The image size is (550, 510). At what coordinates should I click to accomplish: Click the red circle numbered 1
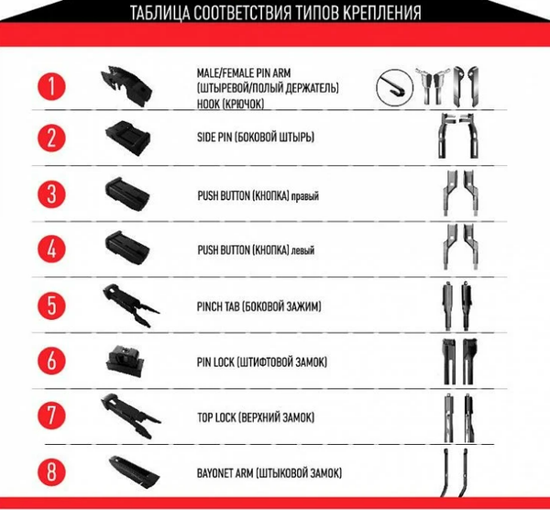51,86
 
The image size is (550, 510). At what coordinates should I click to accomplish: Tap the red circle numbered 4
51,249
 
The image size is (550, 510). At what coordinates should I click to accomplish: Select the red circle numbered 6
51,360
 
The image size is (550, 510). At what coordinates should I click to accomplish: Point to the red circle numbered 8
51,471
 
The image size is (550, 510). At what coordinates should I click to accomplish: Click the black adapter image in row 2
128,139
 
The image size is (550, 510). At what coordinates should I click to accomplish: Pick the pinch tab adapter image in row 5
131,305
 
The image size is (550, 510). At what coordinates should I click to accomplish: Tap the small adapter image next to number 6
125,360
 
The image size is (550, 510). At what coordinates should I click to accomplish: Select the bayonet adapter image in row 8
135,472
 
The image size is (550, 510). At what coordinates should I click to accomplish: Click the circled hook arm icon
394,87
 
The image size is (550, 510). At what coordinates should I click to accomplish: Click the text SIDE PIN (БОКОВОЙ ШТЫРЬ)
256,137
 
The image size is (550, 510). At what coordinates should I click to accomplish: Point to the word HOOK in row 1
208,104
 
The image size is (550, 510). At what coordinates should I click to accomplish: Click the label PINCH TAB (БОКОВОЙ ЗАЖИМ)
258,306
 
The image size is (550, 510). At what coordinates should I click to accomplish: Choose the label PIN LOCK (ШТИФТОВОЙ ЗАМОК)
261,362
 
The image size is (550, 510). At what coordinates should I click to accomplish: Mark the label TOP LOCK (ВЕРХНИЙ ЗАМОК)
256,417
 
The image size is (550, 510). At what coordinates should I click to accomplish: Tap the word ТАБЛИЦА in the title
159,13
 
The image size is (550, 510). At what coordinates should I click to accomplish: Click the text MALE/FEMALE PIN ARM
244,73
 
